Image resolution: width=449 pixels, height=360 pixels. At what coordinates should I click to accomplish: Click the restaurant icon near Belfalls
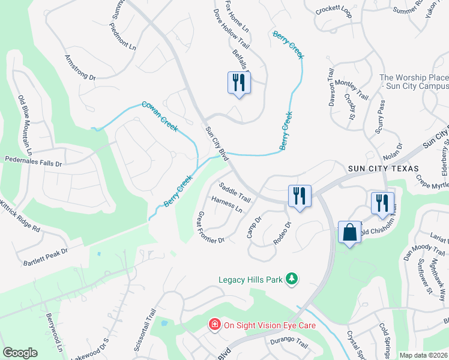pyautogui.click(x=239, y=83)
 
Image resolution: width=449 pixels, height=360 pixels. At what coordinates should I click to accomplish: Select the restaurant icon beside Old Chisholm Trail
pyautogui.click(x=382, y=203)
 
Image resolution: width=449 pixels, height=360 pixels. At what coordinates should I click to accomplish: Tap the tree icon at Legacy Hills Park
pyautogui.click(x=292, y=278)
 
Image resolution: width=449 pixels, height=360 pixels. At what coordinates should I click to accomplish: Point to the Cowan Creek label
pyautogui.click(x=160, y=116)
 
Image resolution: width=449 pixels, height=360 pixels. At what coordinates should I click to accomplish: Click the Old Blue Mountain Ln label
pyautogui.click(x=25, y=122)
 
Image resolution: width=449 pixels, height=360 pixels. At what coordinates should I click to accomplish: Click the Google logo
pyautogui.click(x=20, y=353)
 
